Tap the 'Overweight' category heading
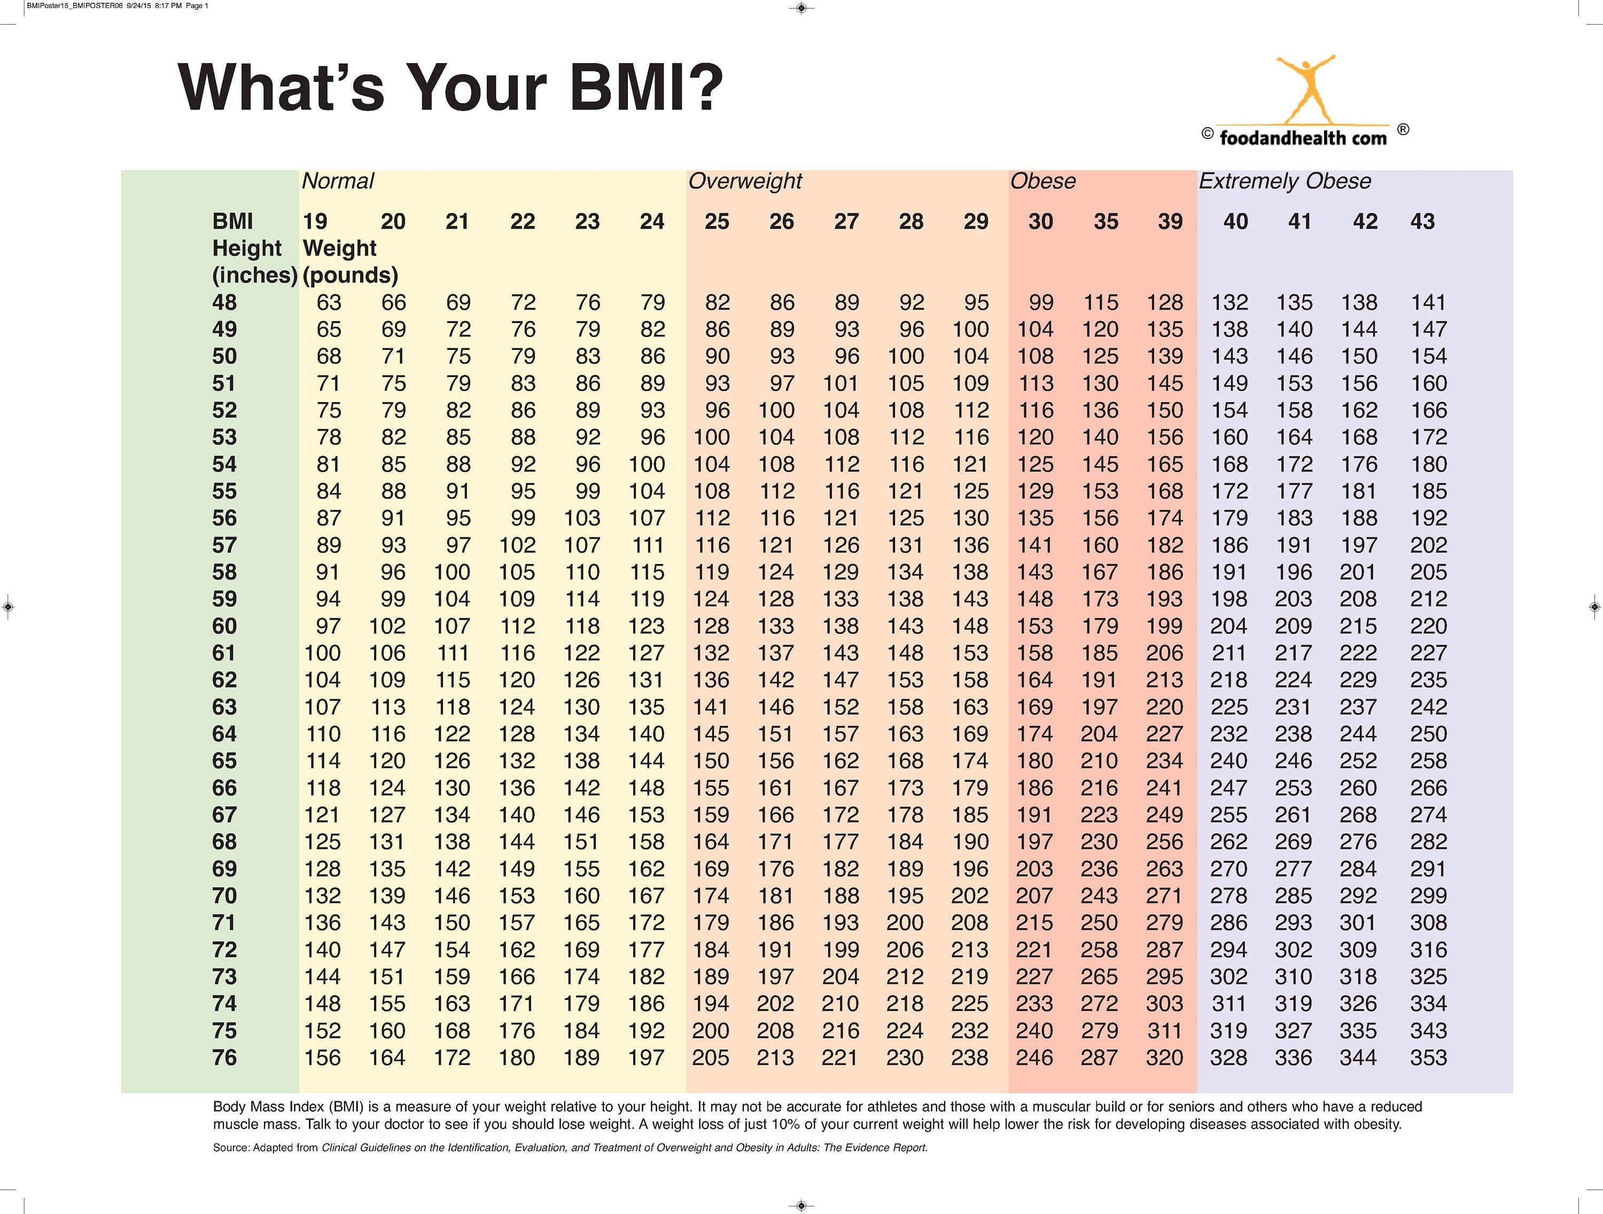pos(745,181)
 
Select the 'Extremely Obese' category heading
pos(1284,181)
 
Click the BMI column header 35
pos(1105,222)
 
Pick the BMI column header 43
pos(1422,222)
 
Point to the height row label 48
pos(224,302)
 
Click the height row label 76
pos(224,1058)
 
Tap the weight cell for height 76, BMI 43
pos(1428,1058)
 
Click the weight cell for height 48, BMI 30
pos(1041,302)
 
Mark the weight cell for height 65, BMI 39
pos(1164,761)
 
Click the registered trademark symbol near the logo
pos(1403,130)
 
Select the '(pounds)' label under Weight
pos(350,275)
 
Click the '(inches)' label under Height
pos(254,275)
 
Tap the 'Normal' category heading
pos(338,181)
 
